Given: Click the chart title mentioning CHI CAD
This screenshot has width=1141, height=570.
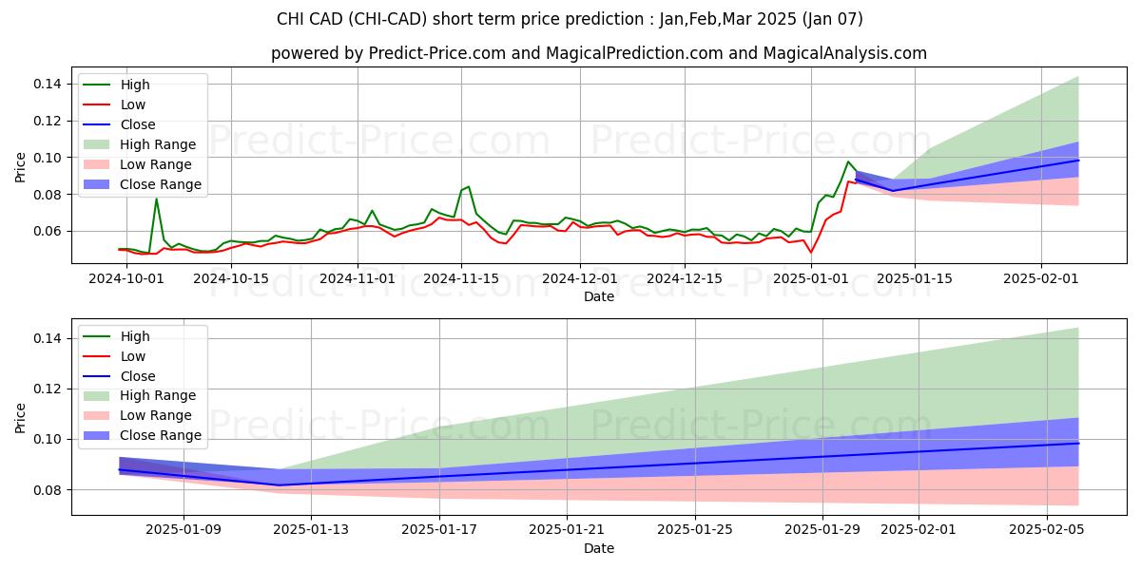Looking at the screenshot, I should click(570, 19).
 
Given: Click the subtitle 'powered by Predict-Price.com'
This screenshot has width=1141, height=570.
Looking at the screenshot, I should click(598, 53).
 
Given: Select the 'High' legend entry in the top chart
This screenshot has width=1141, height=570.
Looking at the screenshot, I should click(135, 85).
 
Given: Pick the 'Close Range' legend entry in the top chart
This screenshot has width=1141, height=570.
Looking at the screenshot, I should click(161, 184).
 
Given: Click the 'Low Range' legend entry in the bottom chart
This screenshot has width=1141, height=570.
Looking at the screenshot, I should click(156, 415).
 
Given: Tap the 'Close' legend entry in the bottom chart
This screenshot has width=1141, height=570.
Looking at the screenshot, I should click(138, 375).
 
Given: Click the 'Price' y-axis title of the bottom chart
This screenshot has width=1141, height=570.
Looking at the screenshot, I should click(21, 417).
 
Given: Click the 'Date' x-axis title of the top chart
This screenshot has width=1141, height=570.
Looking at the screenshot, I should click(598, 296).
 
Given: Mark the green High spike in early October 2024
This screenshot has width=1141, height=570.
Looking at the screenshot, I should click(156, 198).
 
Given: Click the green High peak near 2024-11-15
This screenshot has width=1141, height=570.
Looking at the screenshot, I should click(468, 186).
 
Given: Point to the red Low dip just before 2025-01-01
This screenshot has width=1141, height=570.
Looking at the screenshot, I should click(810, 252).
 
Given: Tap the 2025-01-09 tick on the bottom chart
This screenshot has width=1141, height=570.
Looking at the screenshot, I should click(184, 530).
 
